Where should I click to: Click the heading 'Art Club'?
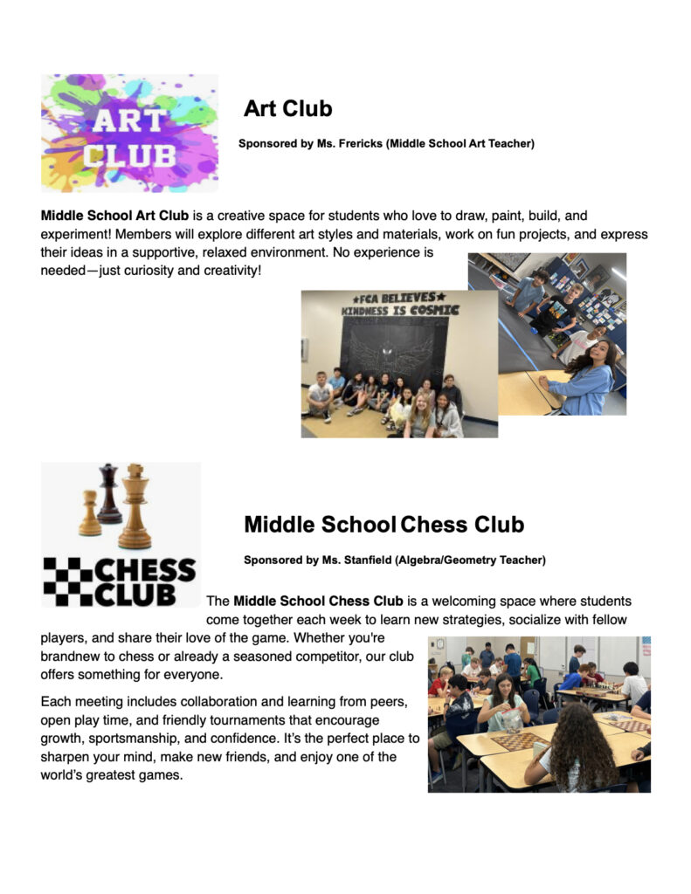pos(287,108)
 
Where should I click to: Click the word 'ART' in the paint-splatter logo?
pos(128,120)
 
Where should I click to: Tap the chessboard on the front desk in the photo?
pos(517,741)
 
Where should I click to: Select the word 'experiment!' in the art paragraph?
pos(74,235)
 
